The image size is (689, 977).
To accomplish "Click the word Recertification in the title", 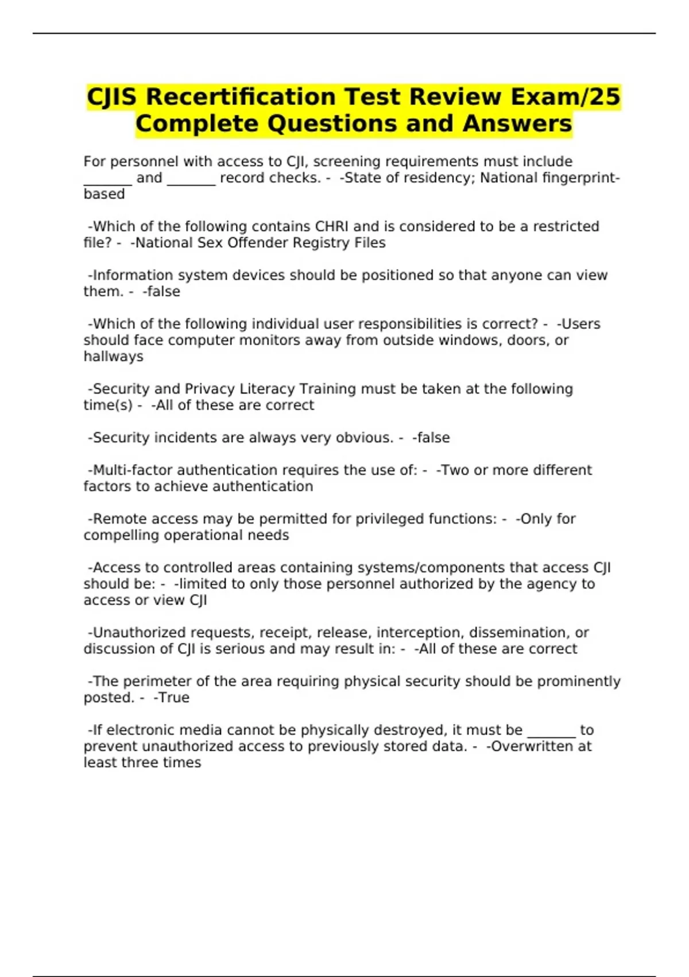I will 240,97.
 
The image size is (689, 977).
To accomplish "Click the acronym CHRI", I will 332,226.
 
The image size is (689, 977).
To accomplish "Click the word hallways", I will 113,356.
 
